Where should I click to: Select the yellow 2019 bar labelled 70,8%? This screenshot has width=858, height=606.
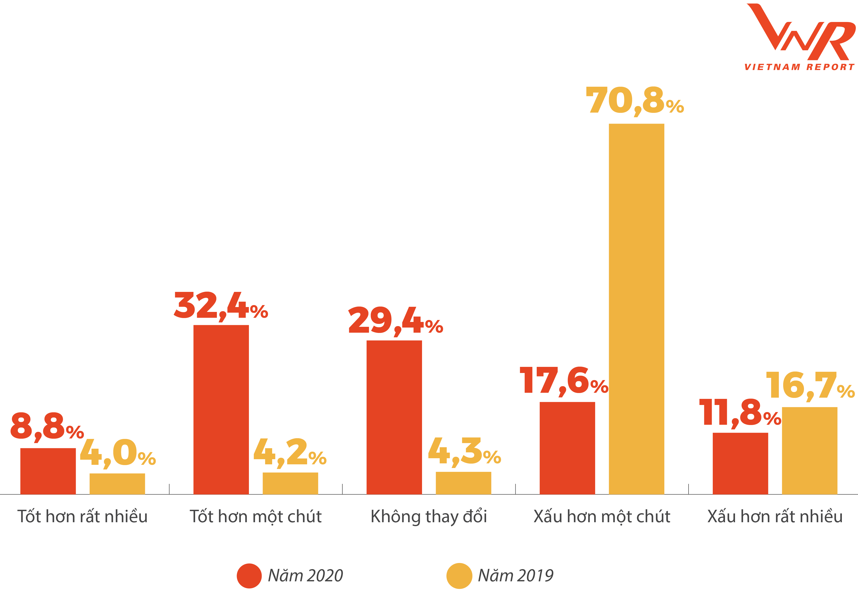(x=636, y=309)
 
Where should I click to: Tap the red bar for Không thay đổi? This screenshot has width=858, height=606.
(x=394, y=417)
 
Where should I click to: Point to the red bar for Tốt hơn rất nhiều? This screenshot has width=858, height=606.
(x=48, y=471)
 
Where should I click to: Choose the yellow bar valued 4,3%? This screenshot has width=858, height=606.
(x=463, y=483)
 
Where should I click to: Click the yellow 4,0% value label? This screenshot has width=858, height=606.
(x=118, y=453)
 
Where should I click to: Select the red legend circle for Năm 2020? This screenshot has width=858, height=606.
(x=249, y=576)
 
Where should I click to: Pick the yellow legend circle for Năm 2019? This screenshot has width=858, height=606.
(x=459, y=576)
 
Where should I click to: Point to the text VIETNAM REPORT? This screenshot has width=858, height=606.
(x=799, y=67)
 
